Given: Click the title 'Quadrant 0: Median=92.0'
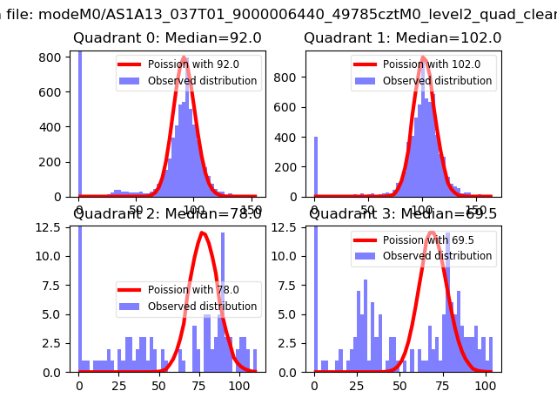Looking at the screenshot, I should click(167, 38).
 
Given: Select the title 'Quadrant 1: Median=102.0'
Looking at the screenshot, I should click(402, 38).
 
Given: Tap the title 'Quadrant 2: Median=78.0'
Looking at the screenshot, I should click(167, 213).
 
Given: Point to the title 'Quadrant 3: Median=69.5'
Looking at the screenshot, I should click(403, 213).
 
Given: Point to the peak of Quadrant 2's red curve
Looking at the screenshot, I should click(202, 233).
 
